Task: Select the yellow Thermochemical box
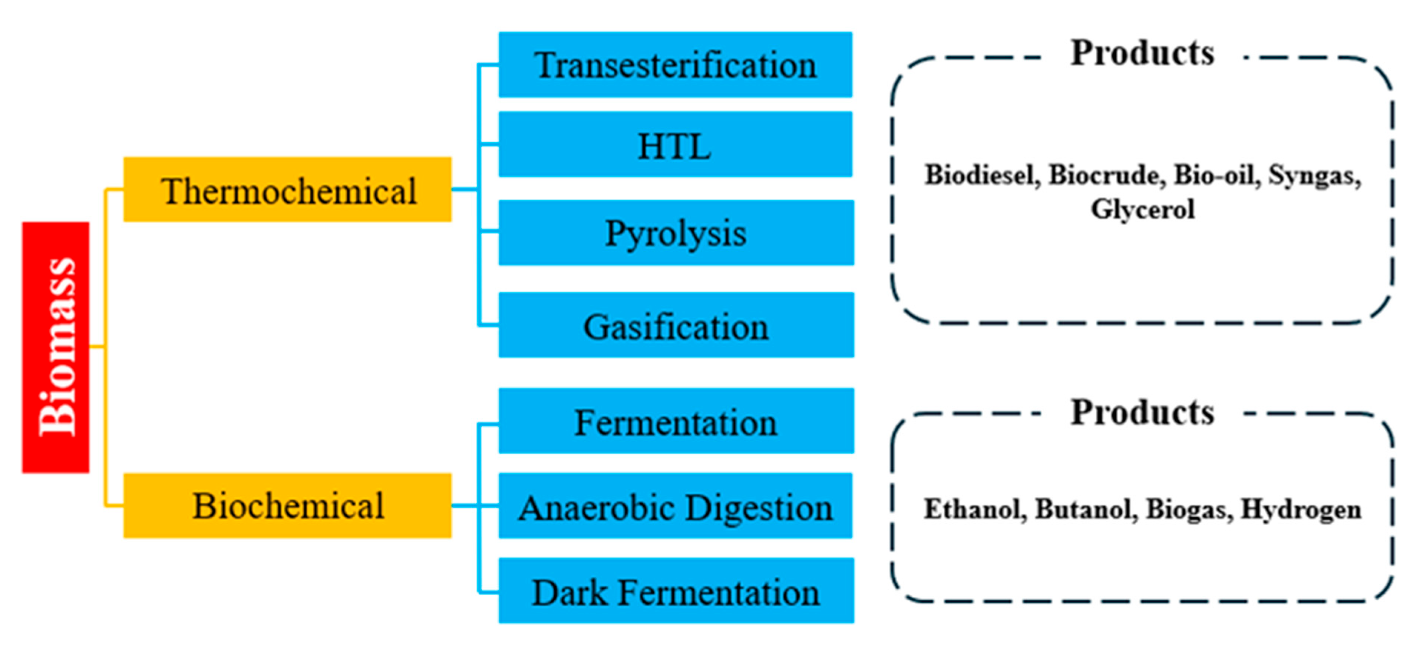[287, 190]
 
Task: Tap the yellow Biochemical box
[287, 505]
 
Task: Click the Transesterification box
[675, 65]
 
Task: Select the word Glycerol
[1143, 209]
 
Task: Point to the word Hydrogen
[1301, 509]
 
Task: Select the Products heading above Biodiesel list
[1143, 53]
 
